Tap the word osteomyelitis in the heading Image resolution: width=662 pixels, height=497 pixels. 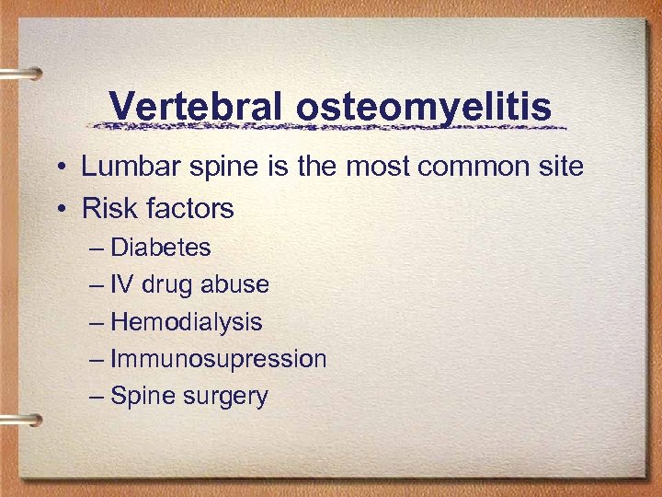click(424, 108)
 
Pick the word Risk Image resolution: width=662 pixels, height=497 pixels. click(106, 209)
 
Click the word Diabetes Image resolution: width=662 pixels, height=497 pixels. click(161, 248)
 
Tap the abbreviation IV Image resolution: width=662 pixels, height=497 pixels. click(122, 284)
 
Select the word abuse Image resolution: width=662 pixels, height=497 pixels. click(235, 284)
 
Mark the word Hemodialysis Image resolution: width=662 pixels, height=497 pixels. click(187, 322)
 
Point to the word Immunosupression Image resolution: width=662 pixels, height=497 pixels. click(219, 359)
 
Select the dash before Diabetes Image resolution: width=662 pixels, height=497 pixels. click(97, 248)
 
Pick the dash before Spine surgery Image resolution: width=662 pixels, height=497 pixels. click(97, 397)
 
